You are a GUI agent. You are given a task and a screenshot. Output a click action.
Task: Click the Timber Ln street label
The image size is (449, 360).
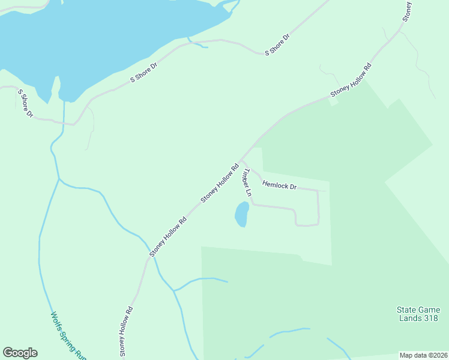[x=246, y=183]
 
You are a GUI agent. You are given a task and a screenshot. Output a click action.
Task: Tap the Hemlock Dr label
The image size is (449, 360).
[x=280, y=186]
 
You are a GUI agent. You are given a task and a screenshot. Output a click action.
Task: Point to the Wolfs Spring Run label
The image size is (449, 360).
[x=68, y=335]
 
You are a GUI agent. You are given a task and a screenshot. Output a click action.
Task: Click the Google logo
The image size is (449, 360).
[x=20, y=353]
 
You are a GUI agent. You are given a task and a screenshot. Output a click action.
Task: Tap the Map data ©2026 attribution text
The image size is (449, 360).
[x=423, y=355]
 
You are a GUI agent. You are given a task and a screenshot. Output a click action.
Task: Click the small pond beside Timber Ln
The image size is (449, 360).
[x=241, y=214]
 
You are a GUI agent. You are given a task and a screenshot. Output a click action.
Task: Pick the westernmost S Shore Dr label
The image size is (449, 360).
[x=25, y=103]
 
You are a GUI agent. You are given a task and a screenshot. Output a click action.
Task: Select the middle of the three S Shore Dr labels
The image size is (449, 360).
[x=143, y=72]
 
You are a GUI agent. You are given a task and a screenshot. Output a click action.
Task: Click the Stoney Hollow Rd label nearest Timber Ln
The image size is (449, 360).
[x=220, y=182]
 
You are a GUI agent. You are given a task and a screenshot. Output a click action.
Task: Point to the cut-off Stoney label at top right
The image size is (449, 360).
[x=407, y=11]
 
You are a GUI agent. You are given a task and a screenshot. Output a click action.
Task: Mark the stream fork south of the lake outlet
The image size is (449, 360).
[x=58, y=178]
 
